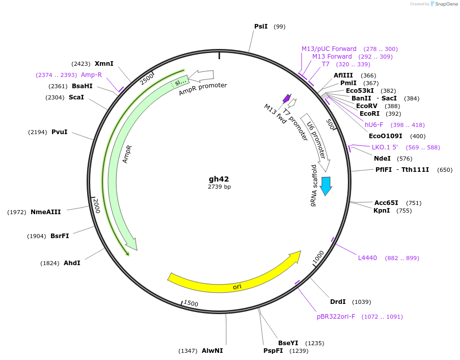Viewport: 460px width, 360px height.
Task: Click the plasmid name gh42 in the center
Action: click(219, 179)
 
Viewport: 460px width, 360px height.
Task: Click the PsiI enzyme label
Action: click(261, 26)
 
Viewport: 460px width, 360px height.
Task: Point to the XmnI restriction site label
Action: click(104, 64)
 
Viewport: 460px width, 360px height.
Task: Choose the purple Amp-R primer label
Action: click(91, 75)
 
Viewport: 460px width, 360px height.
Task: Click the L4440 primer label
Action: click(367, 258)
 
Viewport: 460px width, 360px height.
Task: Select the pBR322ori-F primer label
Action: click(336, 317)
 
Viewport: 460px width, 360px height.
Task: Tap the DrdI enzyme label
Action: click(338, 302)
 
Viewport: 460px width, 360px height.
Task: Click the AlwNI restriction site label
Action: click(212, 351)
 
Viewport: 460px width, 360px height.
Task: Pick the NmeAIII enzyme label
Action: click(45, 212)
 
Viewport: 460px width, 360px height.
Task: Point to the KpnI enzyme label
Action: click(382, 211)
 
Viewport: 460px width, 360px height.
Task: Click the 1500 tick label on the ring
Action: click(191, 303)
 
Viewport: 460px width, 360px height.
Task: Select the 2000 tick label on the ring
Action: click(96, 205)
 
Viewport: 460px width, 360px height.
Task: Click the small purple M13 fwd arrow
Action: click(287, 98)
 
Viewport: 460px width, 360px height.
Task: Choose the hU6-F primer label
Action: click(374, 125)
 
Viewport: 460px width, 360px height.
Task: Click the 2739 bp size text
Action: click(219, 187)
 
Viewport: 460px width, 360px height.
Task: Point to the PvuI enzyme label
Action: click(59, 132)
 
